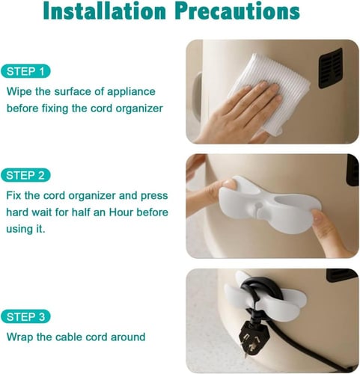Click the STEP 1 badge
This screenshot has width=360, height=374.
click(25, 72)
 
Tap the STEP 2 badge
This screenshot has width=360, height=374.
click(25, 175)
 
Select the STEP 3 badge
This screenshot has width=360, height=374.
click(25, 316)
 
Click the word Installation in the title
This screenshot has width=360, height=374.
click(105, 11)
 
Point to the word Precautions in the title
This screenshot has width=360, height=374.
click(237, 11)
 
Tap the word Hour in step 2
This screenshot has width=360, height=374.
click(121, 212)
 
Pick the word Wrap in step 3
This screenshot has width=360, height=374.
click(19, 337)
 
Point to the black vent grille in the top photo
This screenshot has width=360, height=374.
click(331, 69)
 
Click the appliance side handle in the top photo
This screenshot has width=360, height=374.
click(197, 97)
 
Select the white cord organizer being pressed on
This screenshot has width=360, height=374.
click(269, 205)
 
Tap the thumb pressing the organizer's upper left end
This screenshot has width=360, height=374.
click(227, 186)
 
